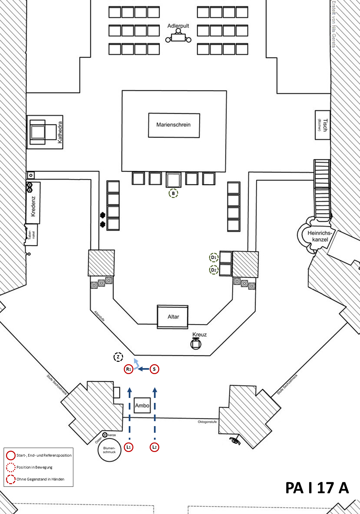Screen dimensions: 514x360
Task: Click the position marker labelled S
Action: click(154, 369)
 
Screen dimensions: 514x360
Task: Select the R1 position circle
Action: click(129, 369)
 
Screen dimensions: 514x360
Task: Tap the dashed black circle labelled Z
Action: click(118, 357)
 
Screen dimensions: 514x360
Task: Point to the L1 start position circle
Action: click(129, 447)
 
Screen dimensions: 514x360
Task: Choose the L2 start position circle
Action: click(154, 447)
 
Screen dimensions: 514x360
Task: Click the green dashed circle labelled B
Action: click(173, 193)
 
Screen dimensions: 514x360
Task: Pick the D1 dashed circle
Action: click(214, 257)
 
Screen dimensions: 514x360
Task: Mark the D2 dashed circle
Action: click(214, 270)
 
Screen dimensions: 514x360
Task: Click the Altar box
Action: click(173, 317)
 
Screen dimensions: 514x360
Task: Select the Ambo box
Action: click(142, 405)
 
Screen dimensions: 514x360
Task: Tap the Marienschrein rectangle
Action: click(174, 125)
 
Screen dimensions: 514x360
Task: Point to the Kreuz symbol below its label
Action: click(196, 344)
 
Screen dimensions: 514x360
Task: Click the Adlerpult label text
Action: click(178, 26)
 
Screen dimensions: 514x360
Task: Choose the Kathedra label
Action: click(60, 132)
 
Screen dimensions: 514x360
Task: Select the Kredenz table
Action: click(33, 203)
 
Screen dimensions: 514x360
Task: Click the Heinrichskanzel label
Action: click(320, 236)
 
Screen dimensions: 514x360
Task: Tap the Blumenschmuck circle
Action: click(109, 450)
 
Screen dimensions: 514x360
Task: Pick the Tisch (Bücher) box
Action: click(323, 125)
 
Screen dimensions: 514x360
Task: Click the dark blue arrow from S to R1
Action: click(143, 369)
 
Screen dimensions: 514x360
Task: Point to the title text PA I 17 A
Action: click(317, 488)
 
